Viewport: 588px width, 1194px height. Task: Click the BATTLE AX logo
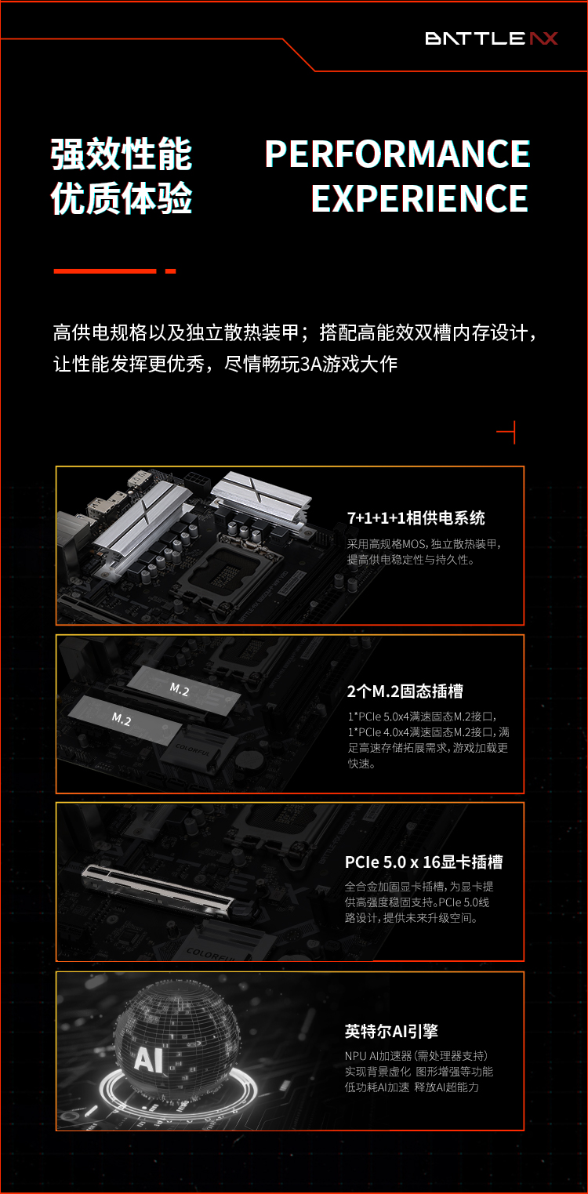coord(492,38)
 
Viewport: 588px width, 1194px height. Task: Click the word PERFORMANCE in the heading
coord(397,154)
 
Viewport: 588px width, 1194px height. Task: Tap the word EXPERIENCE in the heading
coord(419,198)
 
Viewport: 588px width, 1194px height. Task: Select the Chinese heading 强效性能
coord(122,154)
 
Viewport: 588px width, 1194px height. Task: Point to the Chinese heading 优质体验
coord(122,198)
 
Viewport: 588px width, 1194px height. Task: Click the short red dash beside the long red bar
coord(171,271)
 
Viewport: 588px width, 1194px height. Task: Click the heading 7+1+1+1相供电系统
coord(416,517)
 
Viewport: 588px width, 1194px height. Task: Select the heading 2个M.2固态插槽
coord(405,691)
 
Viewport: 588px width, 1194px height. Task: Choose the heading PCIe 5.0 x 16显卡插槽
coord(424,862)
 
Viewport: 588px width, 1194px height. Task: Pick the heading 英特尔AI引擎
coord(391,1031)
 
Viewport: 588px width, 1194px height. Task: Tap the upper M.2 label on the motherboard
coord(180,690)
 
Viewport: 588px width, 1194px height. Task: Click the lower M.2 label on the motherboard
coord(121,720)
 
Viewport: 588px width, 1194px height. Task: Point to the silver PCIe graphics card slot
coord(158,888)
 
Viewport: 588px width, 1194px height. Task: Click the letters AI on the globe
coord(149,1058)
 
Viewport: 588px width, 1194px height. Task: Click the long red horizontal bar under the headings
coord(105,271)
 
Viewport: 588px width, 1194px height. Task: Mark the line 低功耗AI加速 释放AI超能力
coord(412,1087)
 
